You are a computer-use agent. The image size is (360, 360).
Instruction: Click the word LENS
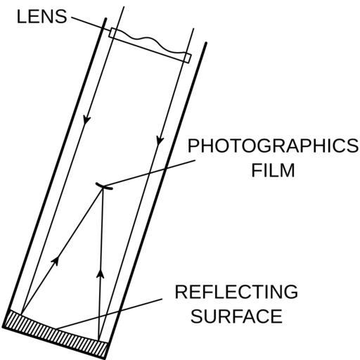pyautogui.click(x=42, y=17)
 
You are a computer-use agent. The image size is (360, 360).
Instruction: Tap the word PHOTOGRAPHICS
pyautogui.click(x=273, y=146)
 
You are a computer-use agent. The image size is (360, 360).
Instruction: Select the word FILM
pyautogui.click(x=273, y=170)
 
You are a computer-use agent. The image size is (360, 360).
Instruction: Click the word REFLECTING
pyautogui.click(x=236, y=292)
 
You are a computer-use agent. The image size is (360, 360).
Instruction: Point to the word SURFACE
pyautogui.click(x=236, y=316)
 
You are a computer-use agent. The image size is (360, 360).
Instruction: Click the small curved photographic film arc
pyautogui.click(x=104, y=186)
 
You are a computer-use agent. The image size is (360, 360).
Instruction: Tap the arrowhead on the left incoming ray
pyautogui.click(x=86, y=120)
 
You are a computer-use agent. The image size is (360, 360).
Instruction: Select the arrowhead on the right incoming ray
pyautogui.click(x=160, y=140)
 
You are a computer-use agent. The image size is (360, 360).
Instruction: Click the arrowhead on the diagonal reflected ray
pyautogui.click(x=56, y=261)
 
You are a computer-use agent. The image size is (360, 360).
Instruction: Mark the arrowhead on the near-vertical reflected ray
pyautogui.click(x=101, y=274)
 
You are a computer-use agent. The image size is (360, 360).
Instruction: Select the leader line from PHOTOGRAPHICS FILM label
pyautogui.click(x=149, y=173)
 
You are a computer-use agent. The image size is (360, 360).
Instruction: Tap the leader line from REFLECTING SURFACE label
pyautogui.click(x=109, y=314)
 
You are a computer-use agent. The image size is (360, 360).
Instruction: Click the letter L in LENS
pyautogui.click(x=21, y=17)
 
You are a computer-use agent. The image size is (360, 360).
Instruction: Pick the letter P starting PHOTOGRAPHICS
pyautogui.click(x=193, y=146)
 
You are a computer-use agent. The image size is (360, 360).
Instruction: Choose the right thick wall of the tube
pyautogui.click(x=155, y=200)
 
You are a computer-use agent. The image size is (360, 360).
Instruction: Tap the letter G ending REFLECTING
pyautogui.click(x=291, y=292)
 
